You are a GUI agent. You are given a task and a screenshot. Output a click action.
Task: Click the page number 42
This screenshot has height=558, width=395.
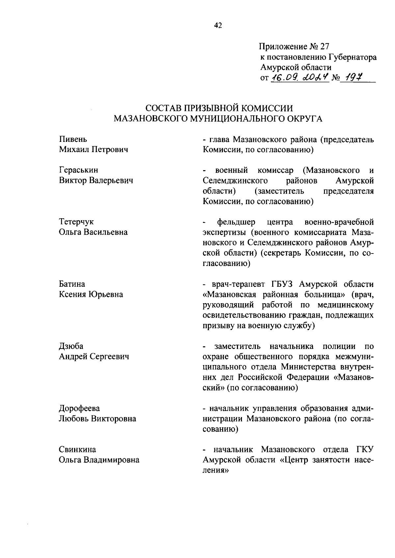click(x=218, y=26)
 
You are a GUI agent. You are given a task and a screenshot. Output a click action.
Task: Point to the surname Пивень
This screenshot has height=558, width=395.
click(x=73, y=139)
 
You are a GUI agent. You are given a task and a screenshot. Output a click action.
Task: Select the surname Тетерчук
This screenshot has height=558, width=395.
click(x=76, y=222)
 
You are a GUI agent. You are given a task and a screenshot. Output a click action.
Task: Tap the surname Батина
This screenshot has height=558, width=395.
click(x=72, y=284)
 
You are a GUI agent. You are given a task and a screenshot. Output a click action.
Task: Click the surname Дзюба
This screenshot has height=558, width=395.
click(x=71, y=346)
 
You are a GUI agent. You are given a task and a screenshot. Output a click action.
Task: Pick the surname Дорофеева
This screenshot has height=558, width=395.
click(x=79, y=408)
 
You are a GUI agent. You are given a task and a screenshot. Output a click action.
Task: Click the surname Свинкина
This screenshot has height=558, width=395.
click(x=77, y=449)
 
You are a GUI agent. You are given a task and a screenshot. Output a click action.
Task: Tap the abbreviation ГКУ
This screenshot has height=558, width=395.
click(x=365, y=449)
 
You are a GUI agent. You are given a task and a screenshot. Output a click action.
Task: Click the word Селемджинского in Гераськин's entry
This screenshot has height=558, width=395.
click(x=235, y=181)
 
